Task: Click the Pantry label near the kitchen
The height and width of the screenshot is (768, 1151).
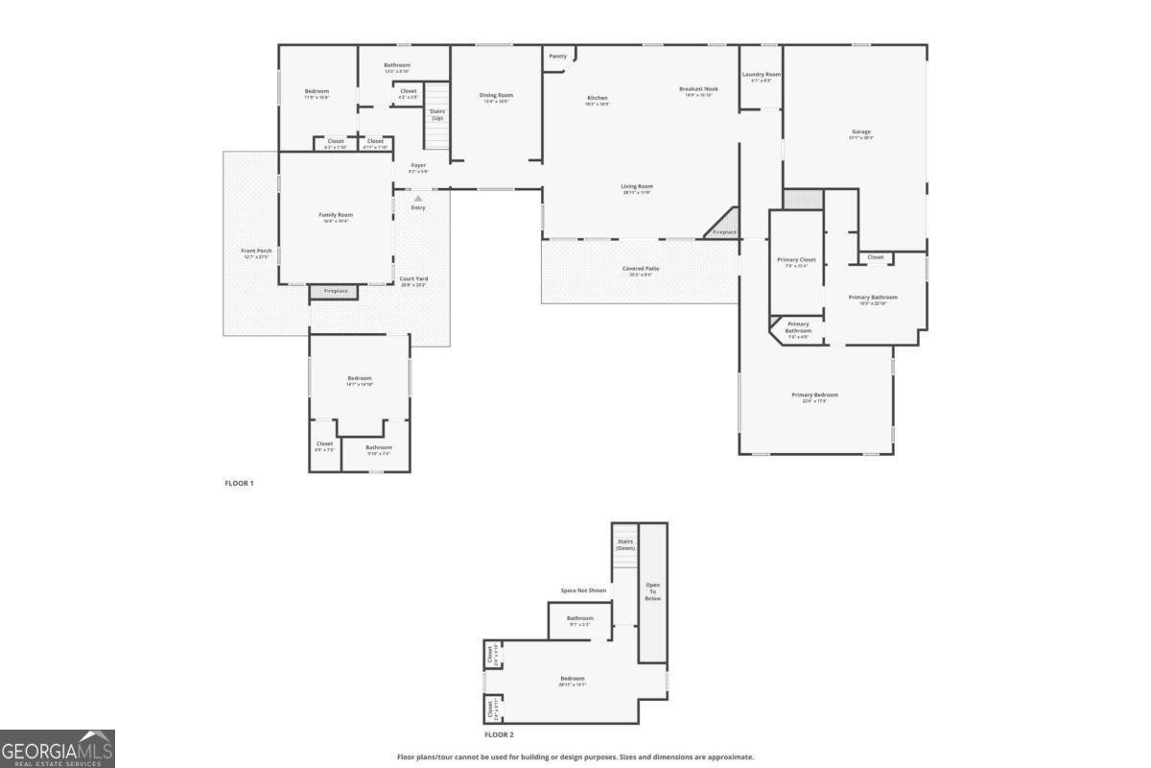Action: point(557,57)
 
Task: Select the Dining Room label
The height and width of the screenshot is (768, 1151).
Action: point(497,95)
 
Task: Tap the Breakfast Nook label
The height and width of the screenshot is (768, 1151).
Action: point(698,89)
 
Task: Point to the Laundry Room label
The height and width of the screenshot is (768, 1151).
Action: point(761,75)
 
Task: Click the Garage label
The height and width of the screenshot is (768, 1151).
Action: point(861,132)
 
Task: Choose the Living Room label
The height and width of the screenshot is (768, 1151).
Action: point(637,187)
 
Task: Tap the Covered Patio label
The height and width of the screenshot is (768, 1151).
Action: point(641,270)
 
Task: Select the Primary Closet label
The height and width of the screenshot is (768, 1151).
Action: point(796,260)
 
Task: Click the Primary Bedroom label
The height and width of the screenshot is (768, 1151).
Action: point(814,396)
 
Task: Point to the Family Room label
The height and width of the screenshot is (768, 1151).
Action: point(336,215)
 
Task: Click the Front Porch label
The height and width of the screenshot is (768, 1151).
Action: point(256,252)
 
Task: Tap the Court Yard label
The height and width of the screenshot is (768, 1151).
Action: point(413,279)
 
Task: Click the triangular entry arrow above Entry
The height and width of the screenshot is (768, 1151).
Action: point(418,198)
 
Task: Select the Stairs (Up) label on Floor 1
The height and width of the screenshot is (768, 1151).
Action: point(437,114)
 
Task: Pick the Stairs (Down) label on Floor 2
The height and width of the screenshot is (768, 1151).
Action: point(625,544)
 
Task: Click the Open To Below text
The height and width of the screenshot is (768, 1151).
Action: point(652,591)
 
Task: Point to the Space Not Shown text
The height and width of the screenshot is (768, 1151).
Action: point(583,590)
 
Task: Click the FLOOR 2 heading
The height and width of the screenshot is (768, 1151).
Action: point(499,734)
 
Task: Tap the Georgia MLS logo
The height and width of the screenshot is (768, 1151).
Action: point(58,749)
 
